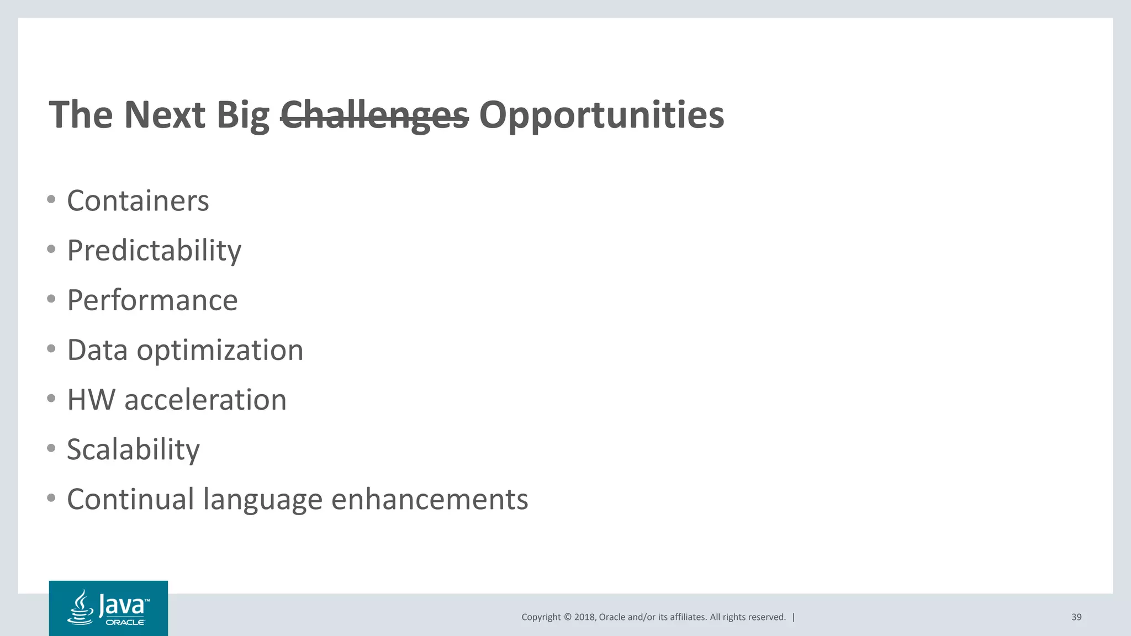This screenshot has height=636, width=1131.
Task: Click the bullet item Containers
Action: click(x=138, y=200)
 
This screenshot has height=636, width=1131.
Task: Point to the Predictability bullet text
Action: click(x=154, y=251)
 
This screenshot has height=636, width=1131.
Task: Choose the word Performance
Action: click(x=152, y=300)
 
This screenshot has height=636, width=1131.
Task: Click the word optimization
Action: click(x=220, y=350)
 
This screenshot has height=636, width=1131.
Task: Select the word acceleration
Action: click(x=205, y=400)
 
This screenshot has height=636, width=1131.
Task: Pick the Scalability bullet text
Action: click(x=133, y=449)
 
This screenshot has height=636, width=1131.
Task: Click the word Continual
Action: click(x=130, y=499)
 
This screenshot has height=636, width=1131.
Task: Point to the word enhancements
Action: click(x=430, y=499)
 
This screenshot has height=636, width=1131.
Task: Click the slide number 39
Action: click(x=1076, y=617)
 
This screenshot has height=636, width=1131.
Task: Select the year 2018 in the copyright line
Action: click(x=584, y=617)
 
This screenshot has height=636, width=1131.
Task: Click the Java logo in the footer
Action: click(x=108, y=608)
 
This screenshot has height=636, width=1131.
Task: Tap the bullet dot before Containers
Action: click(x=51, y=199)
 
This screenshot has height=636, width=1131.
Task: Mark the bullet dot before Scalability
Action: click(x=51, y=448)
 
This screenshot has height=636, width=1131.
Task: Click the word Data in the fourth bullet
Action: click(x=97, y=350)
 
